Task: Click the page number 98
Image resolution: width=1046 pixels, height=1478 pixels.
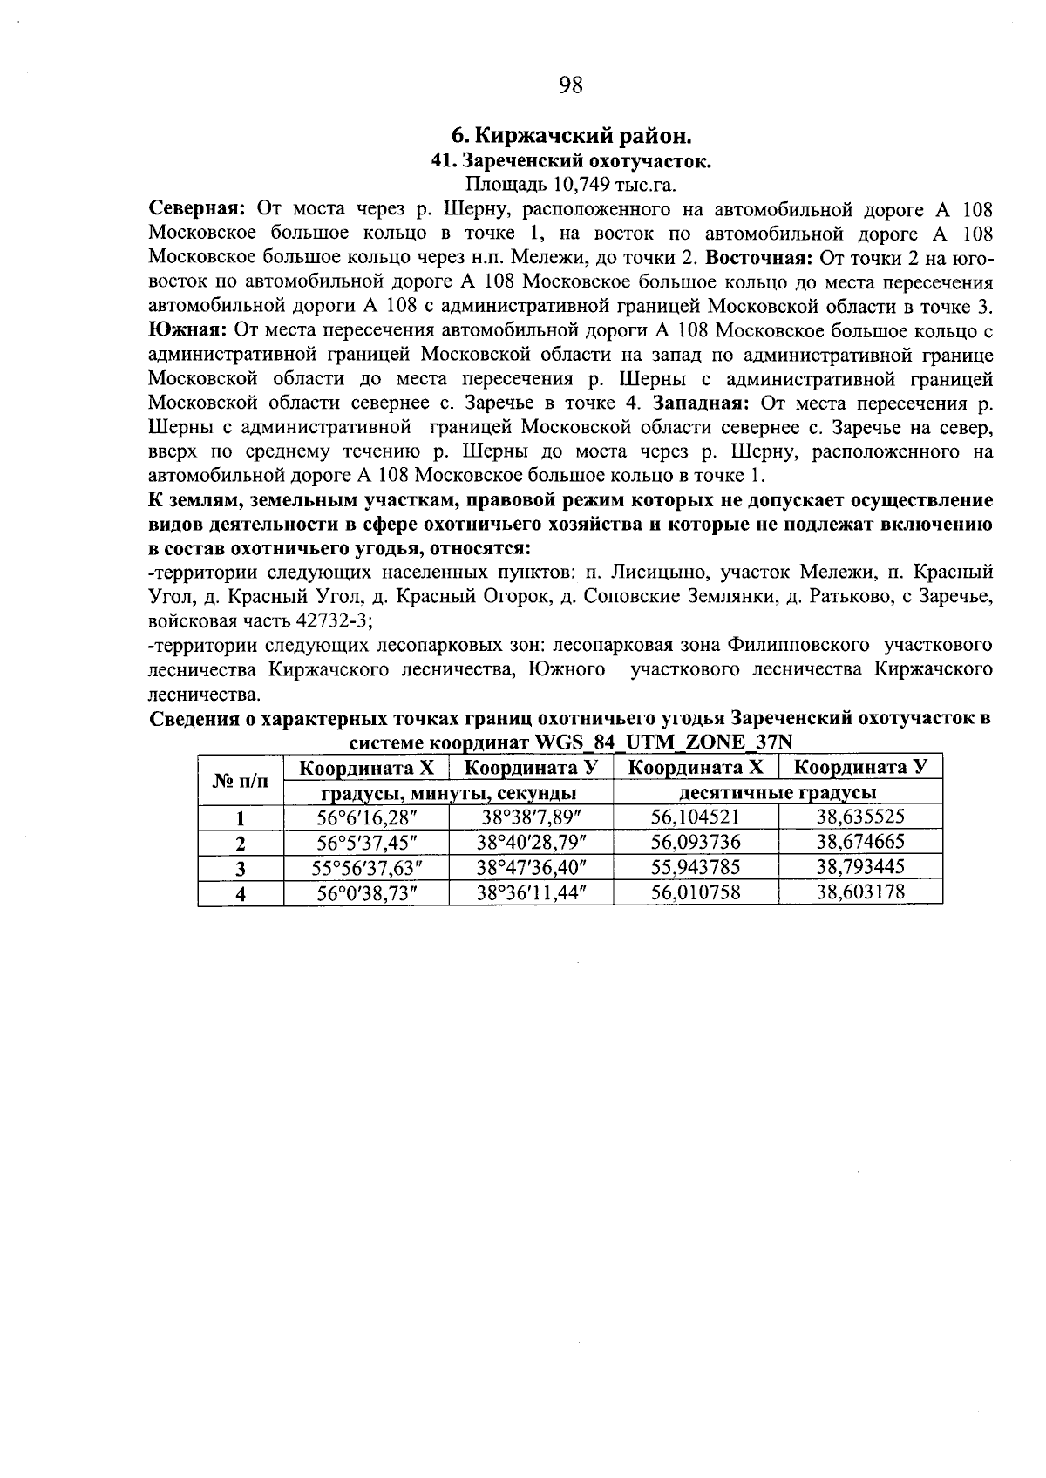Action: (x=570, y=85)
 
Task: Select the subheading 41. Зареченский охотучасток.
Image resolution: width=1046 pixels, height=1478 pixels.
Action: (x=573, y=160)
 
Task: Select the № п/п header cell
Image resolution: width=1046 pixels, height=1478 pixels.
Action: (x=241, y=780)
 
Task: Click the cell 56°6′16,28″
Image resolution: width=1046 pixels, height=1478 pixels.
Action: (x=366, y=817)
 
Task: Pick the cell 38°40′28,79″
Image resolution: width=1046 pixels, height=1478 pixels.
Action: (x=532, y=843)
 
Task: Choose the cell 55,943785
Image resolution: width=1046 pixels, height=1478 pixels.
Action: (x=696, y=868)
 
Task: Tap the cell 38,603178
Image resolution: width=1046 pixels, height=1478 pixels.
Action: (x=860, y=893)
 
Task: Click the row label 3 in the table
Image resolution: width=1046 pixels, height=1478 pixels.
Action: (x=241, y=868)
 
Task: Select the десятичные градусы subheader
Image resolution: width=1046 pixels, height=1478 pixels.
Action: (x=778, y=793)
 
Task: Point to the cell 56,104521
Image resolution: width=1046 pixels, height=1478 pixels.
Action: (x=696, y=817)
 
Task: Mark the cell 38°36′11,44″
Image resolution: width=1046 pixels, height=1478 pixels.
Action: (x=532, y=893)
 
